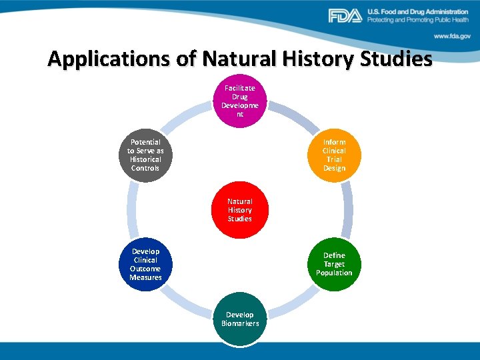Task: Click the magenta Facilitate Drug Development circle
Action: [239, 101]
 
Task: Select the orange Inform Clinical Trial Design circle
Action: [334, 155]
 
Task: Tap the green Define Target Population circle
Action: [334, 264]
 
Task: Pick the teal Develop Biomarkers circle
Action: [240, 319]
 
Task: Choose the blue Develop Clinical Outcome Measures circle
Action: [145, 264]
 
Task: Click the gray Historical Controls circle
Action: [145, 155]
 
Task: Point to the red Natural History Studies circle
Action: [239, 209]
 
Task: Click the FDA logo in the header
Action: [345, 16]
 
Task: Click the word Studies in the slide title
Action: [397, 59]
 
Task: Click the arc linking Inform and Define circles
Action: [347, 209]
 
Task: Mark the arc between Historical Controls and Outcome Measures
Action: [132, 209]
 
